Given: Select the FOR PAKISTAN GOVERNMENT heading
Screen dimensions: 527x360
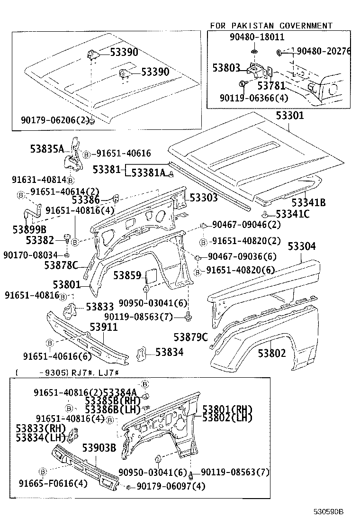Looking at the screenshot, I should (x=271, y=26).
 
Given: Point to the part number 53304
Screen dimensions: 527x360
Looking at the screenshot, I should (x=308, y=246).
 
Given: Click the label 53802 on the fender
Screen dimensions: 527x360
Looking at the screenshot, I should (x=272, y=353).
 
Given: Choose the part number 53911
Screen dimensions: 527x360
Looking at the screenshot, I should (x=104, y=327).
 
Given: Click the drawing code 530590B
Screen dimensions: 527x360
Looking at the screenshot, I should (x=327, y=512).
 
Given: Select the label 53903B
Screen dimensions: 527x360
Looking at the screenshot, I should (x=99, y=448).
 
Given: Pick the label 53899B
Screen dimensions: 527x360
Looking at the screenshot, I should (x=29, y=229).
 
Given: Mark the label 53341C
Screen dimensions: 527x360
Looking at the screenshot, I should (x=293, y=214).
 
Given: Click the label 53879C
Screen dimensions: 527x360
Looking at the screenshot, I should (x=190, y=337).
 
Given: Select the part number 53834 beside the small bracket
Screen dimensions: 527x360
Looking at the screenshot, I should (x=169, y=352).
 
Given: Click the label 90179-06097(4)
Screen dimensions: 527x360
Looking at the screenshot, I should (x=171, y=487).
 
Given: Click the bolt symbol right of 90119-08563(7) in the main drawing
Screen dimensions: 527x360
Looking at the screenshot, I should (x=189, y=316).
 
